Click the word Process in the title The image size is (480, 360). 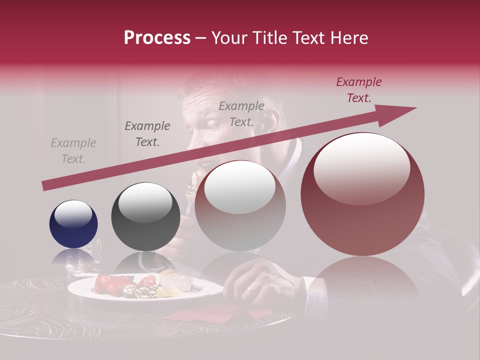[157, 38]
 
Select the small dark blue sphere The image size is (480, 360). [73, 224]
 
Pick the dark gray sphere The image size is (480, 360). [145, 216]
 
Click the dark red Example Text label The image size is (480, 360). [358, 90]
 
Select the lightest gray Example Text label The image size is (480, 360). [73, 151]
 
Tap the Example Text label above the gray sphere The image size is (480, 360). [147, 134]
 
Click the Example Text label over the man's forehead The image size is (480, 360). [241, 113]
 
